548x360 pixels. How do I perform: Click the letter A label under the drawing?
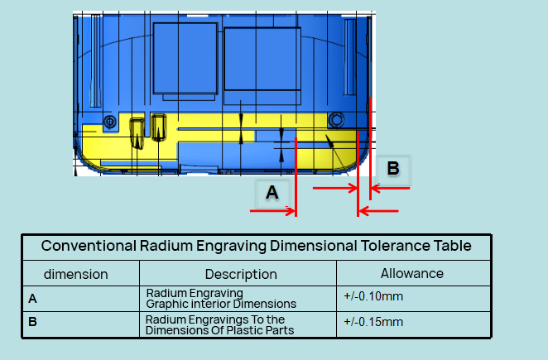tap(272, 193)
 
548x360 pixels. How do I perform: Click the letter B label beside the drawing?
tap(393, 169)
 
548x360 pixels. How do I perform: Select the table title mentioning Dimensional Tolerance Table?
tap(257, 246)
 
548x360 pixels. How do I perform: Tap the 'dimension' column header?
tap(76, 274)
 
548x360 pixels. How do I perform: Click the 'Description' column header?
tap(241, 274)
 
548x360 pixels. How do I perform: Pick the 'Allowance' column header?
tap(411, 273)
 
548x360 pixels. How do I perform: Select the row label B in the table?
tap(32, 323)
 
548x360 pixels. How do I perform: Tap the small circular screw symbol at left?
tap(109, 122)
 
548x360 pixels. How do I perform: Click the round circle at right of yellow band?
tap(336, 120)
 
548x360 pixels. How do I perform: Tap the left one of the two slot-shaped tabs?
tap(137, 131)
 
